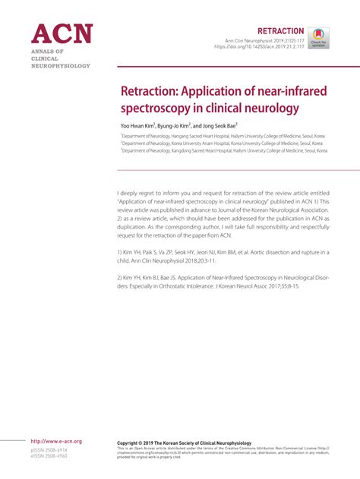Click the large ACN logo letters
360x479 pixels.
coord(61,34)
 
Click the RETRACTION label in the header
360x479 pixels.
coord(283,29)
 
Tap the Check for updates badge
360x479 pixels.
coord(318,37)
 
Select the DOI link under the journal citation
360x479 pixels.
coord(258,47)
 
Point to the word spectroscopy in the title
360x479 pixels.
coord(156,109)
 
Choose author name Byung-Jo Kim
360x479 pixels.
coord(173,126)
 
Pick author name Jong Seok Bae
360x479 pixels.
coord(220,126)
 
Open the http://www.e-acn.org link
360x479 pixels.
coord(55,441)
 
